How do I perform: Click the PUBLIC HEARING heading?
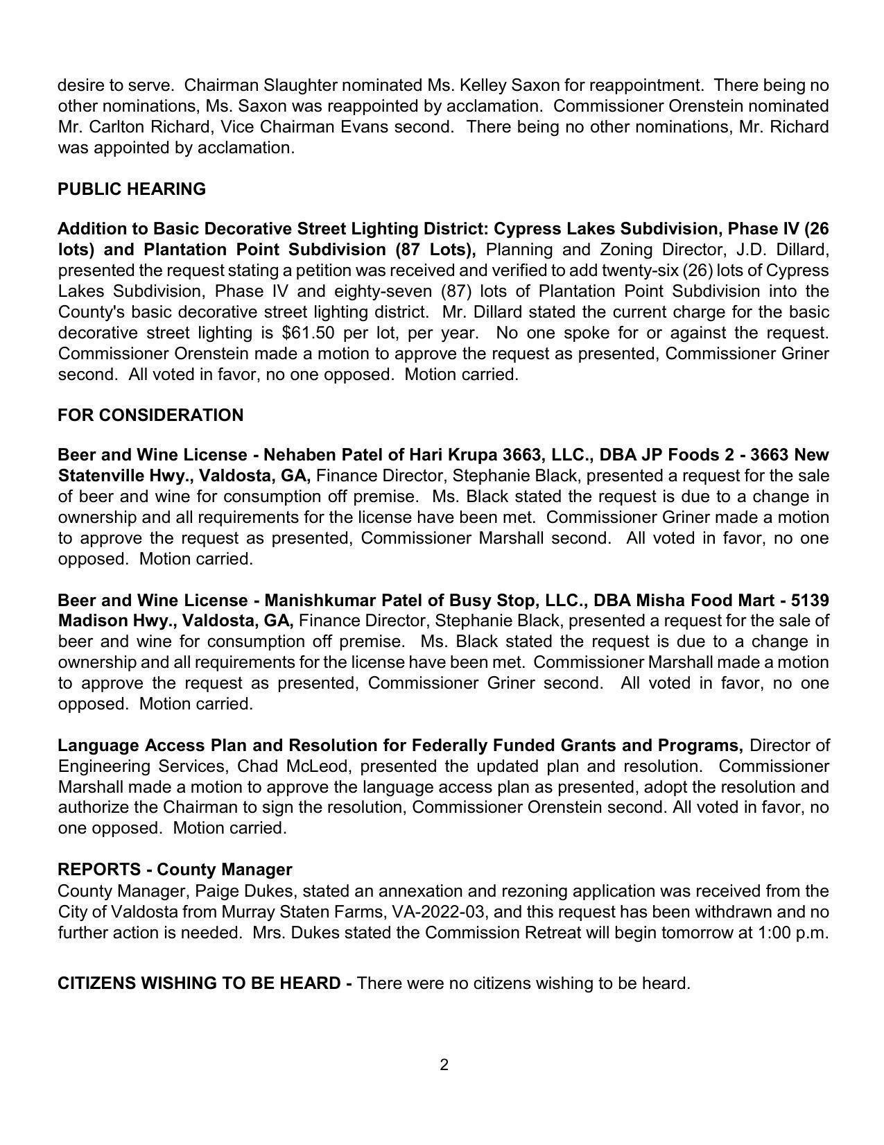pyautogui.click(x=132, y=189)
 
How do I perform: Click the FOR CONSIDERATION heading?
pyautogui.click(x=150, y=415)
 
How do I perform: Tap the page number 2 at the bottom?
pyautogui.click(x=444, y=1065)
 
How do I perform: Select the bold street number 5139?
pyautogui.click(x=810, y=601)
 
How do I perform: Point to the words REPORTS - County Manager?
pyautogui.click(x=175, y=870)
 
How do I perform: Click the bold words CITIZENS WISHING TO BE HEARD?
pyautogui.click(x=199, y=984)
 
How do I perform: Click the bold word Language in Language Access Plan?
pyautogui.click(x=98, y=746)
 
